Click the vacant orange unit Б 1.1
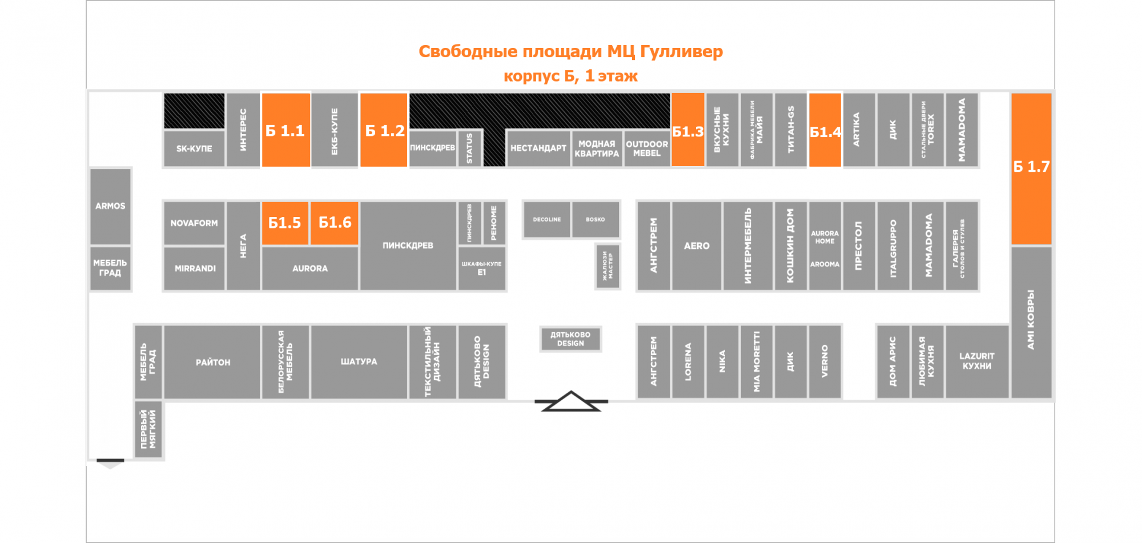point(285,130)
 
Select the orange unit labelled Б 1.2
point(384,130)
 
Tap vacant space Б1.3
point(687,130)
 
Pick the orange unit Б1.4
point(825,130)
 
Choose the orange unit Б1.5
point(285,223)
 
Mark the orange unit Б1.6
point(335,223)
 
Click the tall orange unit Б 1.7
point(1031,168)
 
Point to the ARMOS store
point(110,206)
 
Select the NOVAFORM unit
point(194,223)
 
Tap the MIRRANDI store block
point(195,268)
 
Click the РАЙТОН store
point(212,362)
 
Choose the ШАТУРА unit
point(359,361)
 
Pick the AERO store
point(697,246)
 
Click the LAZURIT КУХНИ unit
point(976,361)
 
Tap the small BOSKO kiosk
point(595,219)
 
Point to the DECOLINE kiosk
point(547,219)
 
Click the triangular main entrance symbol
point(571,401)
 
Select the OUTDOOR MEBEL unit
point(646,148)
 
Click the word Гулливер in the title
point(681,52)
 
